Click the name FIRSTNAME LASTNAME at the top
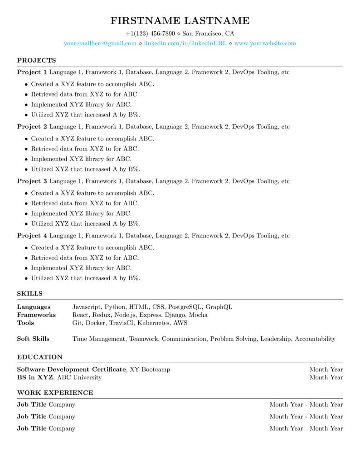pyautogui.click(x=180, y=20)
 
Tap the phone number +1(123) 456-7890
pyautogui.click(x=150, y=34)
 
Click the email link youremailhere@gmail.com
pyautogui.click(x=100, y=44)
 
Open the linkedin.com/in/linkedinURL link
pyautogui.click(x=185, y=44)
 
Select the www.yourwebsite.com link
pyautogui.click(x=265, y=44)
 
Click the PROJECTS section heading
pyautogui.click(x=36, y=60)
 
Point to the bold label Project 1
pyautogui.click(x=32, y=72)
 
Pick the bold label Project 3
pyautogui.click(x=32, y=181)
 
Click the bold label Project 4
pyautogui.click(x=32, y=236)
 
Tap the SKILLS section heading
pyautogui.click(x=29, y=294)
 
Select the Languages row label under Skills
pyautogui.click(x=34, y=307)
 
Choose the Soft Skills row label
pyautogui.click(x=33, y=339)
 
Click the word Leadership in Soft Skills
pyautogui.click(x=276, y=339)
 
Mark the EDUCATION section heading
pyautogui.click(x=39, y=357)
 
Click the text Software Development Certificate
pyautogui.click(x=71, y=369)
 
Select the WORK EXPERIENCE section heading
pyautogui.click(x=55, y=393)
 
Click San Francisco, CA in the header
pyautogui.click(x=208, y=34)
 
